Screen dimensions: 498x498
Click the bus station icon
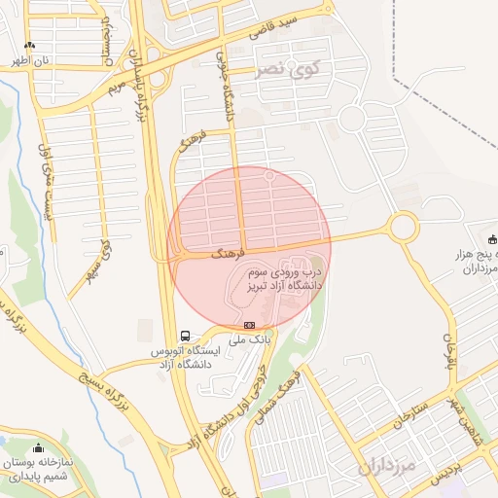pos(185,335)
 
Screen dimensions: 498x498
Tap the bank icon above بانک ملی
pos(250,325)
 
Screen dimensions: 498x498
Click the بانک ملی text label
pos(247,340)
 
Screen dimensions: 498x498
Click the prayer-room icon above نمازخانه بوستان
pos(39,448)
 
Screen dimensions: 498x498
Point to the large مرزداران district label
pos(386,467)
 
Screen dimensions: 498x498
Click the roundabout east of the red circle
pos(402,229)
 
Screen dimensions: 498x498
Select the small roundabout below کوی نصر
pos(352,119)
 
